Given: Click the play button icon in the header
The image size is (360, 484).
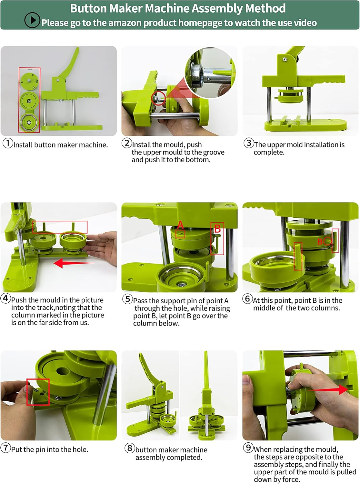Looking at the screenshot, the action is [32, 20].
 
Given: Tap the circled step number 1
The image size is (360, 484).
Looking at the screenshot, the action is [8, 143].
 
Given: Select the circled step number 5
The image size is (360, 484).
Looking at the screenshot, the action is [127, 299].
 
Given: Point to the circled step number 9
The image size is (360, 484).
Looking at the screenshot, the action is [248, 448].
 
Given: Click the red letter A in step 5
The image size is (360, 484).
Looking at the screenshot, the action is [180, 225].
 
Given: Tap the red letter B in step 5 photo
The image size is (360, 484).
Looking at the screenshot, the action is [217, 228].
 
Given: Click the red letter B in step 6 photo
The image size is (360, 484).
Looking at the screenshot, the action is [320, 242].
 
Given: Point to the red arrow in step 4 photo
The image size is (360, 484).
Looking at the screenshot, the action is [74, 263].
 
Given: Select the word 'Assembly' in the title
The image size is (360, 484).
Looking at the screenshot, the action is [217, 8].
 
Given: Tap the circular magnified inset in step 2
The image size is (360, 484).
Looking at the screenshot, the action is [210, 73].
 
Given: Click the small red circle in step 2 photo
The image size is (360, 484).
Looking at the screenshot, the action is [158, 98].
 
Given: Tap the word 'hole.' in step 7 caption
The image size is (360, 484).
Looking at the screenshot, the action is [80, 449].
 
